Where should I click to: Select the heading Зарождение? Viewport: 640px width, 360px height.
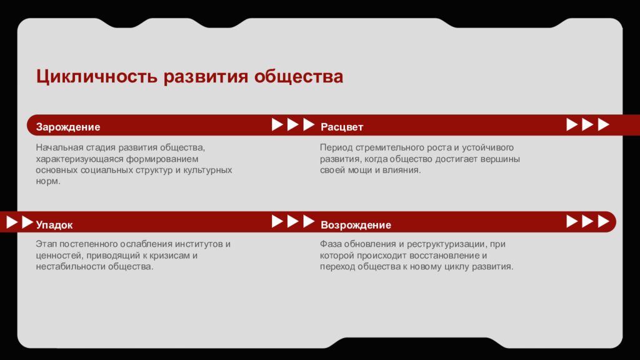click(x=67, y=127)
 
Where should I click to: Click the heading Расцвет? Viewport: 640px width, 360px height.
click(x=342, y=127)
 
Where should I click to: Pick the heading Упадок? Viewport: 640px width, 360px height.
click(x=54, y=224)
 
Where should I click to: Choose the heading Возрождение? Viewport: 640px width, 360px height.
click(x=356, y=224)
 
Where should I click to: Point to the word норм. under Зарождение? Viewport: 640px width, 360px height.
click(x=48, y=181)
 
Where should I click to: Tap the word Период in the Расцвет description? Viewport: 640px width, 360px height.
click(x=336, y=147)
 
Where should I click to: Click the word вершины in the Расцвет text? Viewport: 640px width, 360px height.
click(x=501, y=159)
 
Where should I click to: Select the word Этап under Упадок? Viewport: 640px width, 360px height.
click(x=46, y=244)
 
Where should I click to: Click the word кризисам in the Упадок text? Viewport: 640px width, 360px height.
click(x=172, y=255)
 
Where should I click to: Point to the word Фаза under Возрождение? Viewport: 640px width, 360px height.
click(x=331, y=244)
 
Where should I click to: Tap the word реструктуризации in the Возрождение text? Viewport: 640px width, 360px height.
click(x=446, y=244)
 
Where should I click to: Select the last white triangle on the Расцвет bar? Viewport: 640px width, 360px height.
click(x=602, y=124)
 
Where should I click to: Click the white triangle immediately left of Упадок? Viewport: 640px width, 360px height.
click(x=26, y=222)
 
